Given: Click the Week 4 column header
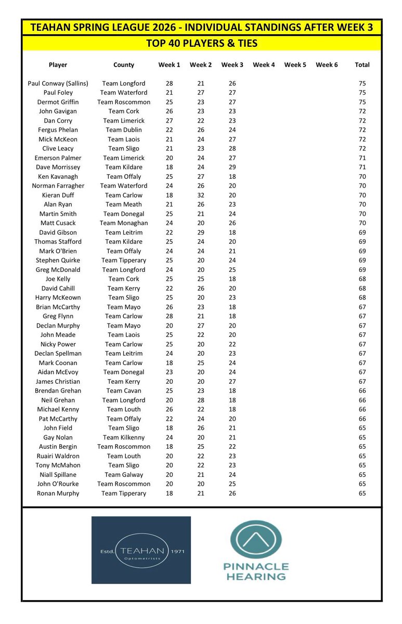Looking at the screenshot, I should click(x=264, y=65).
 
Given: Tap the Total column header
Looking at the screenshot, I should click(x=362, y=65).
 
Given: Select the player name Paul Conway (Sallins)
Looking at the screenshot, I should click(x=58, y=83).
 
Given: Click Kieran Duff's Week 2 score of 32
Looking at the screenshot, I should click(x=201, y=195).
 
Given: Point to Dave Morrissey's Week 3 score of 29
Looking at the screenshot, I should click(x=232, y=167).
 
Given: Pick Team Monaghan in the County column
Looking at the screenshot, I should click(x=124, y=223).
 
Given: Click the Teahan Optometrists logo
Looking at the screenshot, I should click(x=141, y=550).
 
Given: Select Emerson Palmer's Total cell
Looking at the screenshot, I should click(x=362, y=158).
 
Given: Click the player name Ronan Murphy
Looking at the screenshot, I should click(x=58, y=493).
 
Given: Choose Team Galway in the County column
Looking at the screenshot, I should click(x=124, y=474).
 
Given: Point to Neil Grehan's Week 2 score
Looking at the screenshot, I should click(x=201, y=400).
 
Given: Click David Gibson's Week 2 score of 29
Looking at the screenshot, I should click(x=201, y=232).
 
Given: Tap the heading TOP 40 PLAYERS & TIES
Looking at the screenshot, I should click(x=201, y=43).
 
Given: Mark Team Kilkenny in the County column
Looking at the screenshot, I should click(x=124, y=437).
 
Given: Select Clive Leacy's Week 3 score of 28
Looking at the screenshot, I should click(x=232, y=148).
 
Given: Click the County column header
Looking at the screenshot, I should click(x=124, y=65).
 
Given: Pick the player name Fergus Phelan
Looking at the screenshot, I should click(x=58, y=129).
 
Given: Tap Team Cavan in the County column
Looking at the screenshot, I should click(x=124, y=391).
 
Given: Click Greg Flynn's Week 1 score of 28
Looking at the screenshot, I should click(x=169, y=316).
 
